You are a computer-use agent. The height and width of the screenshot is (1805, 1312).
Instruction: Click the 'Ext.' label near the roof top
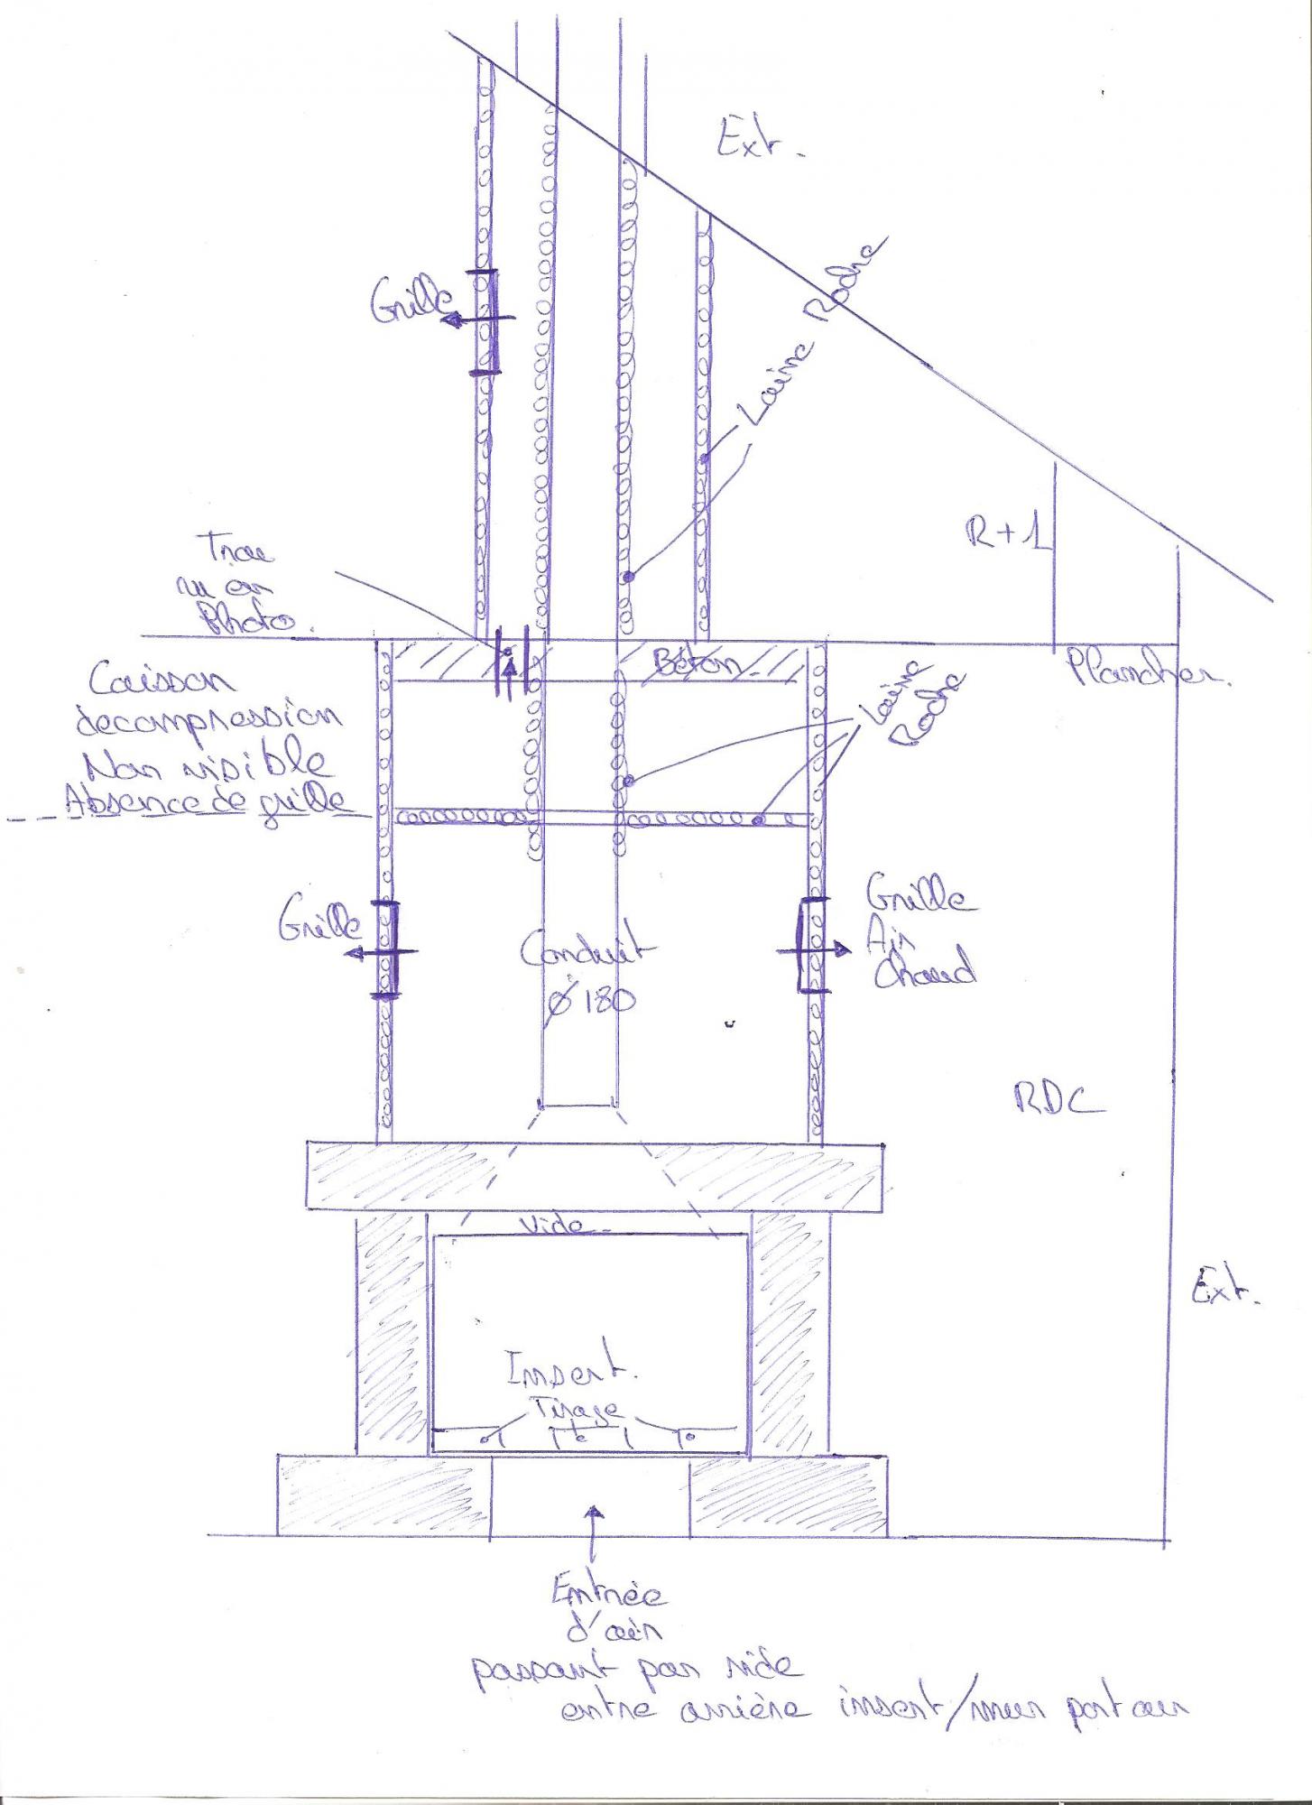pyautogui.click(x=756, y=143)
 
